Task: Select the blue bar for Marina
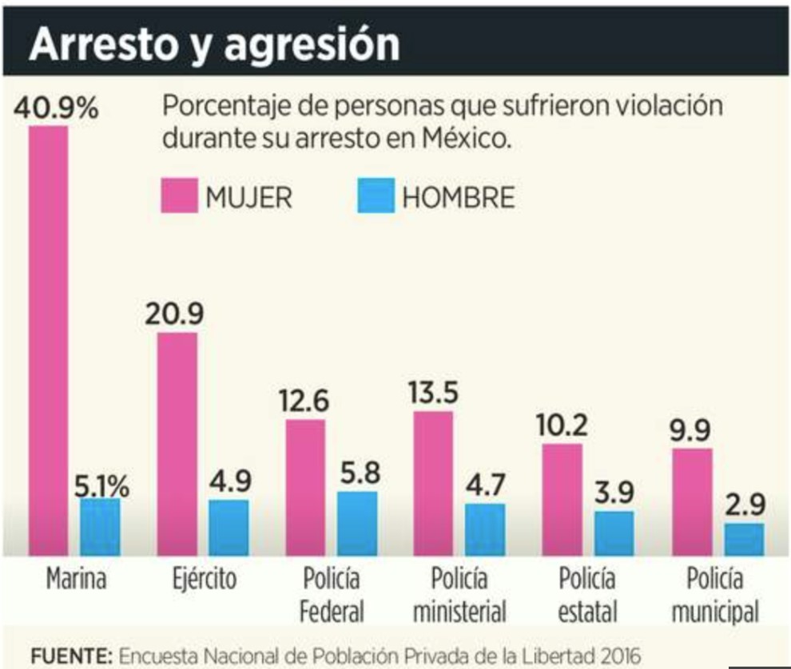point(100,527)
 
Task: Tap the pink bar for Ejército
point(177,443)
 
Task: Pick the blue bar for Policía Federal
point(357,523)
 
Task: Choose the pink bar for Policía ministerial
point(433,483)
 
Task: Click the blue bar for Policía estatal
point(614,533)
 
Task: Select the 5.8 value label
point(357,473)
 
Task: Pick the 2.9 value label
point(745,505)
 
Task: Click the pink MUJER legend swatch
point(179,196)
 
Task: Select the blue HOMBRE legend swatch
point(376,196)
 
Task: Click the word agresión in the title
point(312,46)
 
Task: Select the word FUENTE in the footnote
point(70,655)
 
